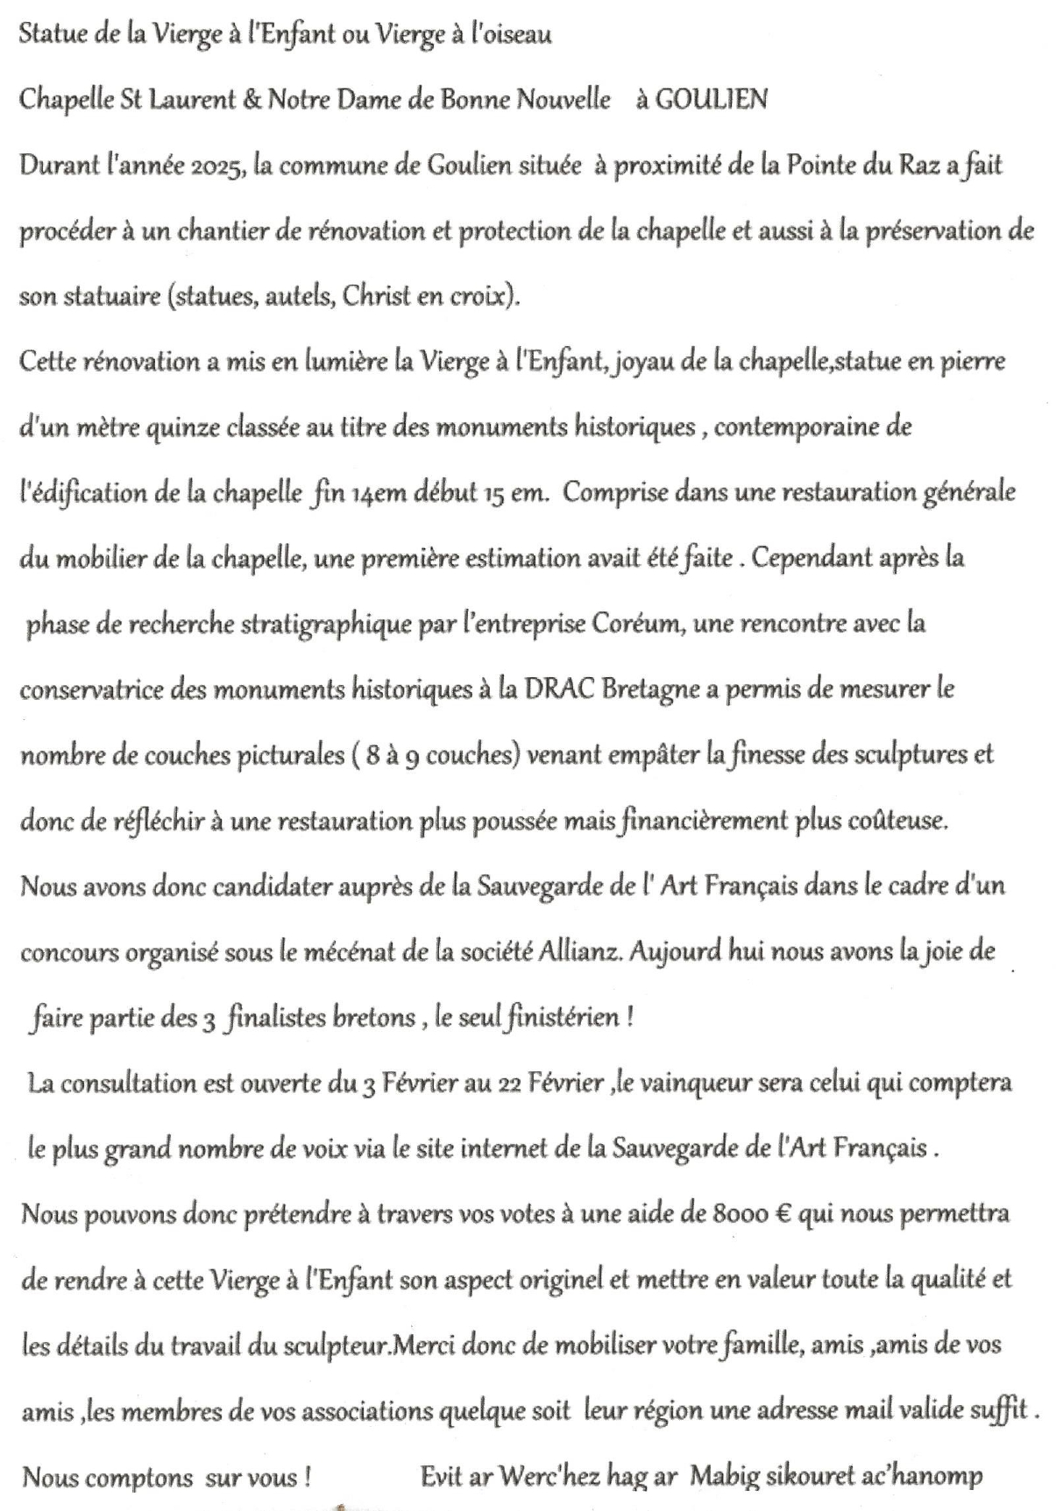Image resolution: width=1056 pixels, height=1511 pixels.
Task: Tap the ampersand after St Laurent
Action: pyautogui.click(x=252, y=100)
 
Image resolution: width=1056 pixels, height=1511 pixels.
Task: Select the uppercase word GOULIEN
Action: pyautogui.click(x=711, y=100)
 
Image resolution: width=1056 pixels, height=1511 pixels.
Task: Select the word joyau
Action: pyautogui.click(x=648, y=363)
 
